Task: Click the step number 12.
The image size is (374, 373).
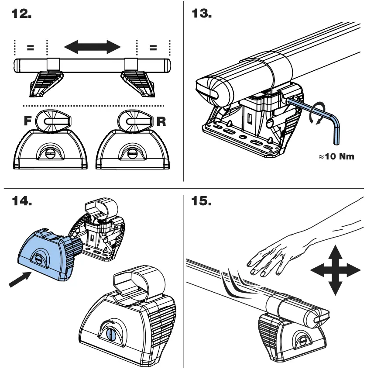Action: (x=21, y=14)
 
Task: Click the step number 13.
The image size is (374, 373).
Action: (x=202, y=14)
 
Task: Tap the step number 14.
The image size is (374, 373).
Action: (x=21, y=202)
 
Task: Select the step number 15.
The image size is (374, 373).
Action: (x=202, y=202)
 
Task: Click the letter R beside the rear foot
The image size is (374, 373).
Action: (x=161, y=121)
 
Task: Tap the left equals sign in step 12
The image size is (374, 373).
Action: (x=31, y=48)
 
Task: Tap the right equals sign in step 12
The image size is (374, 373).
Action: (x=153, y=48)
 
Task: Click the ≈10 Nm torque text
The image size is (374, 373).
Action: (x=337, y=156)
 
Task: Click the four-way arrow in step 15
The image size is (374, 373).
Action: (x=335, y=270)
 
